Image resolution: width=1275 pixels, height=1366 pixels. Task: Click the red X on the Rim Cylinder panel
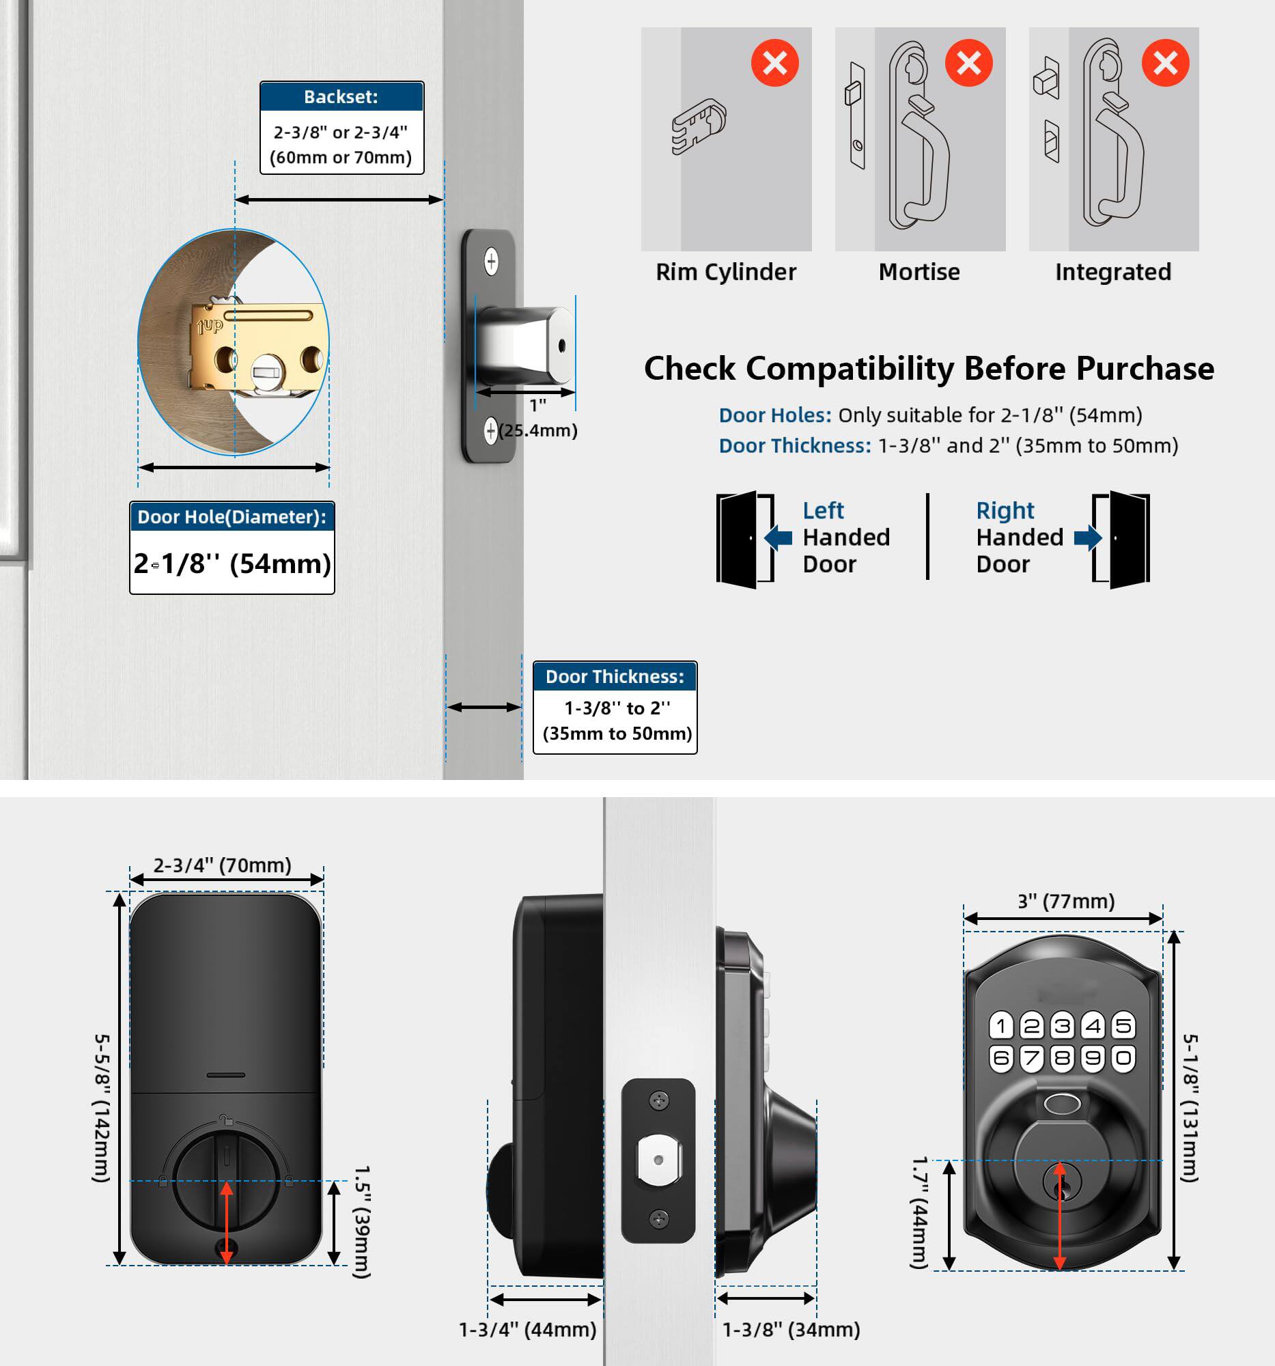(x=774, y=64)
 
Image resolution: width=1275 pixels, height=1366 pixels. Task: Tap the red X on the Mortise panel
(x=968, y=64)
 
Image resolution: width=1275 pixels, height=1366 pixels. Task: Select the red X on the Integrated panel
(x=1164, y=64)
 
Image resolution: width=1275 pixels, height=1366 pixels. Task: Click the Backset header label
(x=341, y=97)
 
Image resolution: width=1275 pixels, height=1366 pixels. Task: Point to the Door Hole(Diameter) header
(x=232, y=517)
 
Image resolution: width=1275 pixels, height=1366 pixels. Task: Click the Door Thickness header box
(x=614, y=677)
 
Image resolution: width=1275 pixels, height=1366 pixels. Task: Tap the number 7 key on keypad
(x=1031, y=1058)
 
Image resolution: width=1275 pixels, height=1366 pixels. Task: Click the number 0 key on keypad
(x=1123, y=1058)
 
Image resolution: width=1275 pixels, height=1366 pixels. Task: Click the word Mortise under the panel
(x=919, y=272)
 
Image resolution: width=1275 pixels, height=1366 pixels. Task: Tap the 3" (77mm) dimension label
(x=1065, y=901)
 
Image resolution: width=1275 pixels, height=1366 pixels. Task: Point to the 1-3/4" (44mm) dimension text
(x=527, y=1330)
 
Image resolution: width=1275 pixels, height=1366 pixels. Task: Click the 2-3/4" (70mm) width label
(x=222, y=865)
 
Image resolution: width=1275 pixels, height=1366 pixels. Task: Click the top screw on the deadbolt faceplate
(x=490, y=261)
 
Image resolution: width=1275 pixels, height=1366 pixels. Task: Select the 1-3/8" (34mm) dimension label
(x=791, y=1330)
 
